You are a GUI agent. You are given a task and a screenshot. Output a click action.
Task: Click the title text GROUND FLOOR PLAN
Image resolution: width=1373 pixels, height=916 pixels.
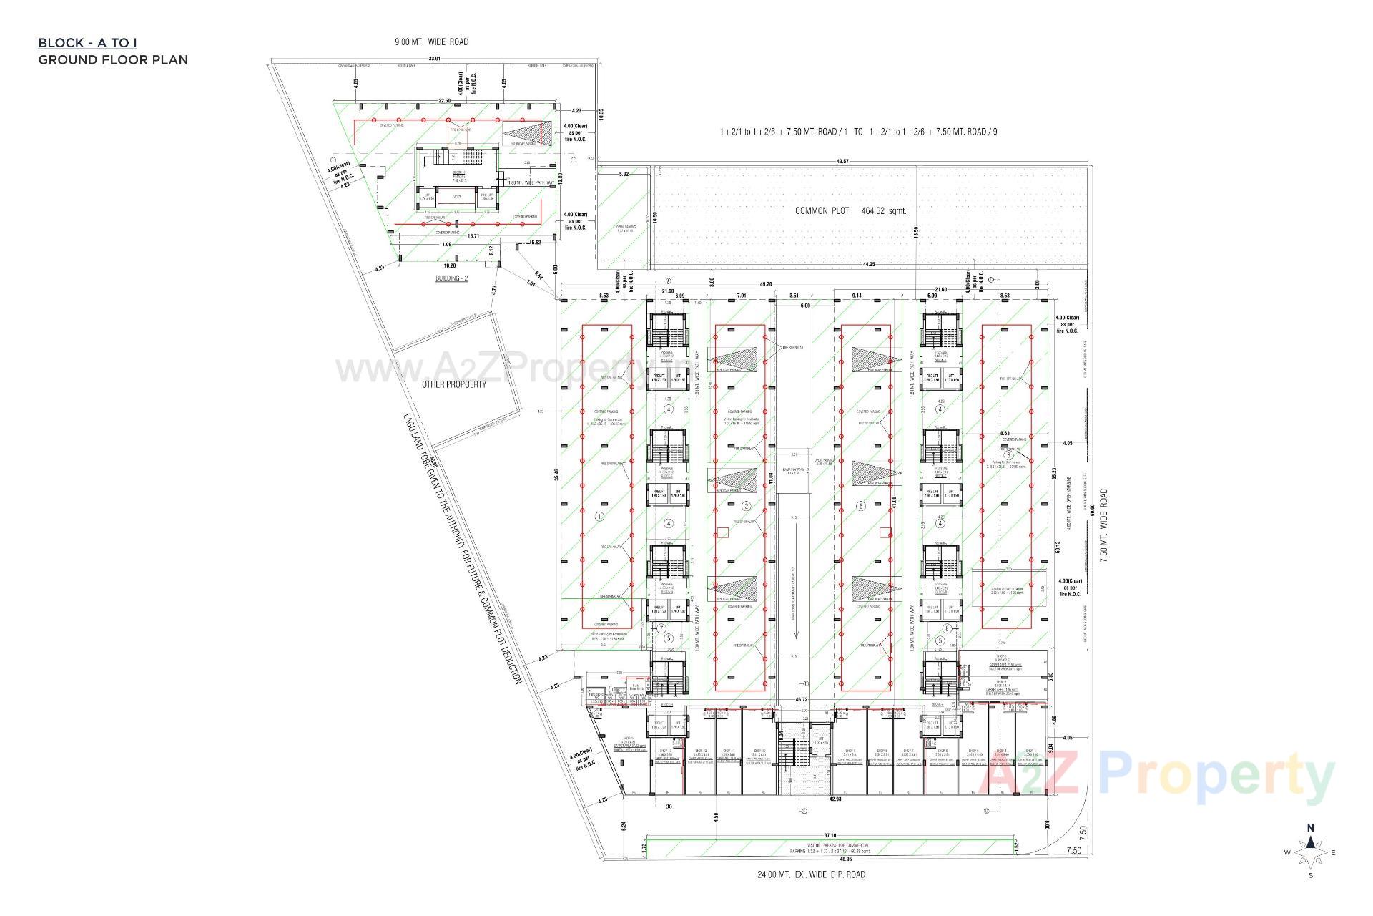113,59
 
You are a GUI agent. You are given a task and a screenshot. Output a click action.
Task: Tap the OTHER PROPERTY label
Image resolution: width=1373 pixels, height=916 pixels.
453,384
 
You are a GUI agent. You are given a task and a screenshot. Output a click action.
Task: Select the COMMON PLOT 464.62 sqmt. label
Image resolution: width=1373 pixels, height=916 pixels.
851,211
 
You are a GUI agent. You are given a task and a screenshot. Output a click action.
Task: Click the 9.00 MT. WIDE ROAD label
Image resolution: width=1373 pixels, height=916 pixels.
431,42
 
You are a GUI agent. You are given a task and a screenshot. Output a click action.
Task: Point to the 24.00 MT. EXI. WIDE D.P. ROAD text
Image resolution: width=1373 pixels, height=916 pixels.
811,874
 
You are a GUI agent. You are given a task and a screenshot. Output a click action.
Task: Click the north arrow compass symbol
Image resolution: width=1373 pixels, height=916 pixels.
1310,852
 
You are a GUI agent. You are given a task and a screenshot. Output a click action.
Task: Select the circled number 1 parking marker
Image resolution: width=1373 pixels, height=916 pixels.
599,515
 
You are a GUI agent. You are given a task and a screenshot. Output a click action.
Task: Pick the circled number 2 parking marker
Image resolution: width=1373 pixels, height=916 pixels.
746,506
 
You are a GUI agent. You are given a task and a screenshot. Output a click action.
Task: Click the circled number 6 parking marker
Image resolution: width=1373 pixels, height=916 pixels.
861,506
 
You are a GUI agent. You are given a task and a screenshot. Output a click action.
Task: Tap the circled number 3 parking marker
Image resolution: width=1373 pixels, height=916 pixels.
1008,454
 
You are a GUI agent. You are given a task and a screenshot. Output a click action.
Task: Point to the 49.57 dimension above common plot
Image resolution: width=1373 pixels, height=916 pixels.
842,162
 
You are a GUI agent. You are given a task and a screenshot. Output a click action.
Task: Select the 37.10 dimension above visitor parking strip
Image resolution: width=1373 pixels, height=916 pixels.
830,835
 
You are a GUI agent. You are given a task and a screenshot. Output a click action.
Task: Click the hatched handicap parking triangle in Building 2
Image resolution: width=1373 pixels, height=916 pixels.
526,134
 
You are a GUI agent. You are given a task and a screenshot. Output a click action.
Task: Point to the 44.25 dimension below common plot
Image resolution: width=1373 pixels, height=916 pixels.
869,264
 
